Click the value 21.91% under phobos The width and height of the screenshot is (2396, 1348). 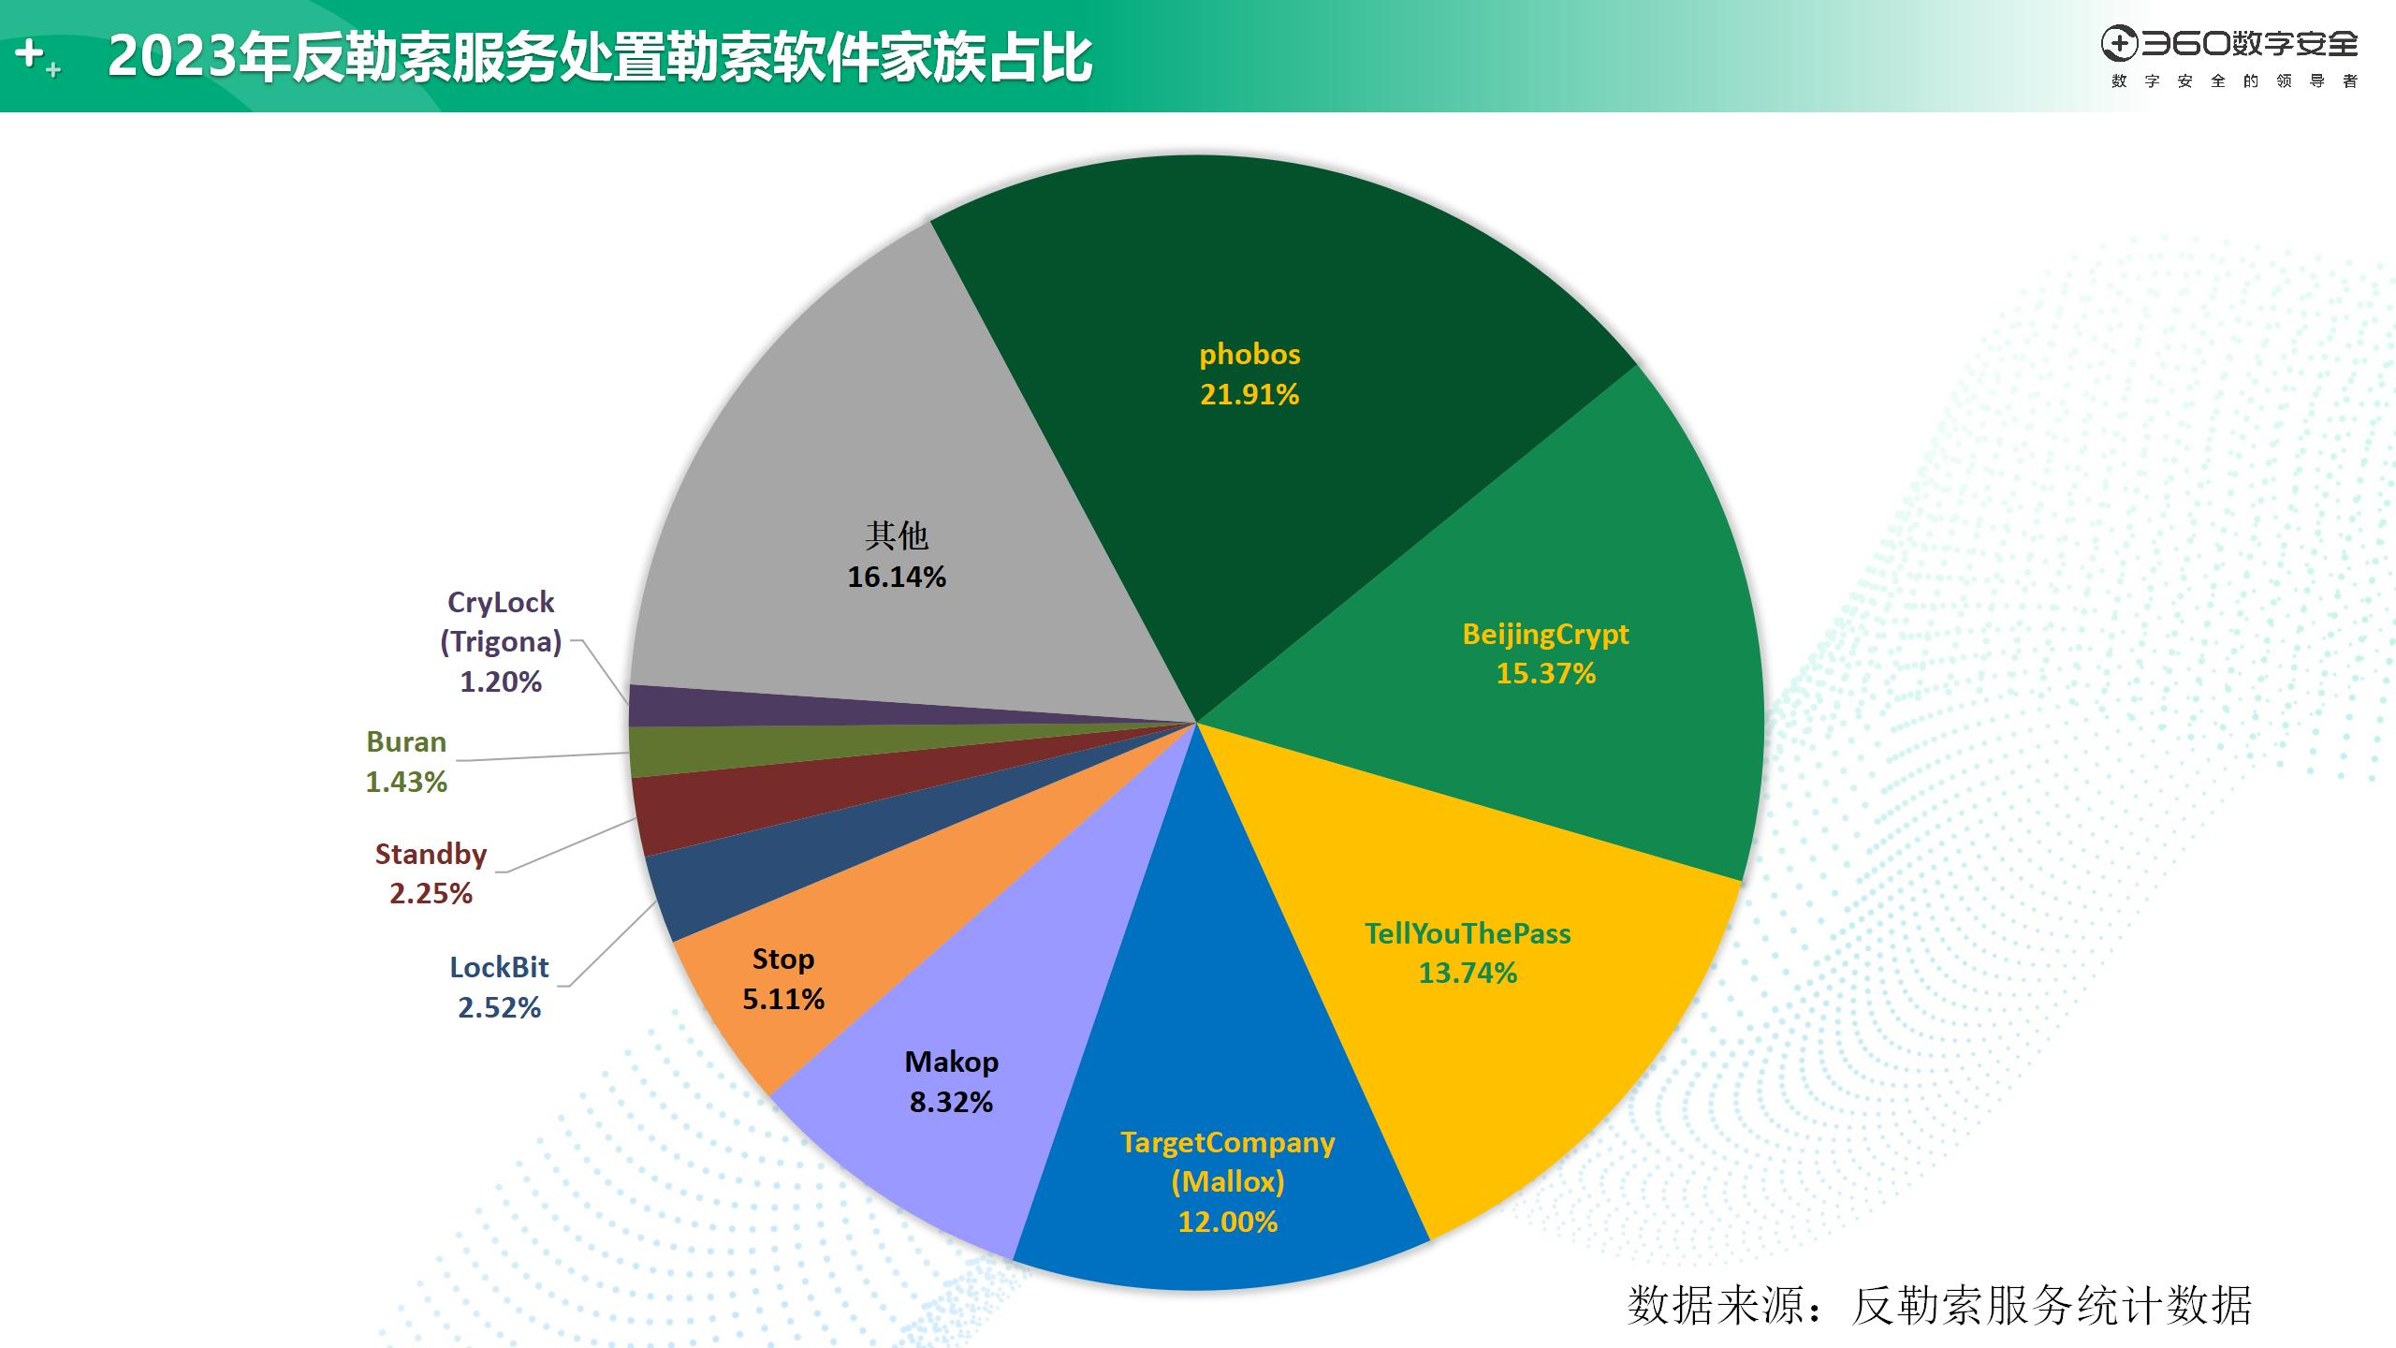pyautogui.click(x=1249, y=394)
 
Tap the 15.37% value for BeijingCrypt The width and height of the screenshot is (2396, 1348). pyautogui.click(x=1545, y=673)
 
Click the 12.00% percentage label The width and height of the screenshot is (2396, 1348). pyautogui.click(x=1227, y=1222)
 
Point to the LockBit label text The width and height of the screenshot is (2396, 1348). pyautogui.click(x=499, y=967)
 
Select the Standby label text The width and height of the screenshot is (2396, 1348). pyautogui.click(x=431, y=854)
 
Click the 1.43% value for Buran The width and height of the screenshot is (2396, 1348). pyautogui.click(x=406, y=782)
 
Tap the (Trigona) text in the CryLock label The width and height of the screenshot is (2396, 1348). pyautogui.click(x=501, y=641)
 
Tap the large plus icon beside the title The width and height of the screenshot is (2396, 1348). pyautogui.click(x=30, y=52)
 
